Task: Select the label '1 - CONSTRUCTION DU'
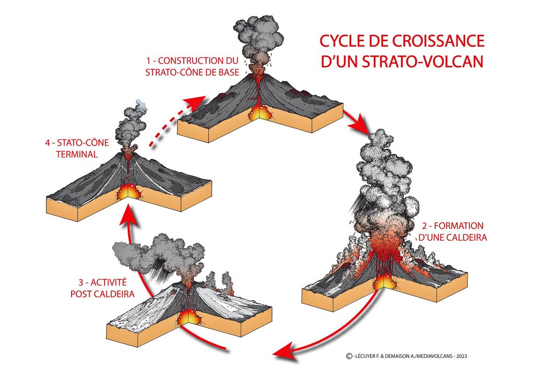191,60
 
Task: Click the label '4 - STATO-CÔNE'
74,143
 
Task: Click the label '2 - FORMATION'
458,225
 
